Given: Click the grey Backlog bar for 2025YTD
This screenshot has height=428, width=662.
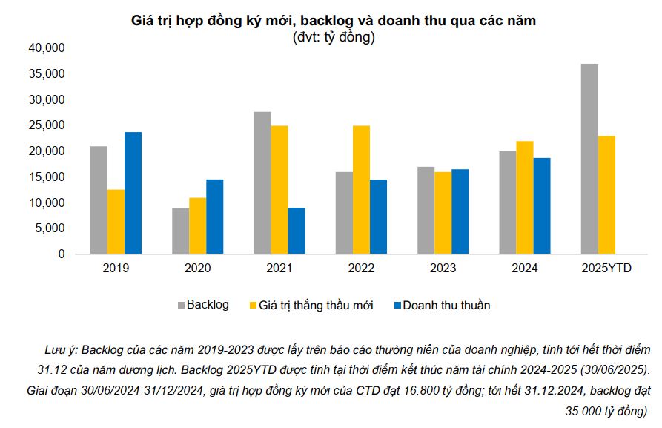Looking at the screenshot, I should pos(589,159).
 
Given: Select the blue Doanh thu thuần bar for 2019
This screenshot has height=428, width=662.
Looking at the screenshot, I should pos(133,193).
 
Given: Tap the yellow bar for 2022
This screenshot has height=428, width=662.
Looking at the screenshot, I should pos(361,190).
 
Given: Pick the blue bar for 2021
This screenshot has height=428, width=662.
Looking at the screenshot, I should pos(297,231).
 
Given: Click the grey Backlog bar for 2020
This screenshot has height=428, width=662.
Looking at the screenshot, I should pos(180,231).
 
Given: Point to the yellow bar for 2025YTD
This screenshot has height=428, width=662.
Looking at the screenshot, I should pos(606,195).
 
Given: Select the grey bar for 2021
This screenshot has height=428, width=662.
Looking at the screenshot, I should pos(262,182).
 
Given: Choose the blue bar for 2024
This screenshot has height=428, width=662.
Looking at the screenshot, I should pos(541,205).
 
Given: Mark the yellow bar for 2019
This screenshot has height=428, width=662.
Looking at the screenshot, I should pos(116,222).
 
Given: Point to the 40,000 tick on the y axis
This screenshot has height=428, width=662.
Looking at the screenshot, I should pos(47,48).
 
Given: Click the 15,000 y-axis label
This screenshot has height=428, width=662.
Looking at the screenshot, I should pos(47,177).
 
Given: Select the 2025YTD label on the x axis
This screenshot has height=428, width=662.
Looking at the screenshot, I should pos(606,269).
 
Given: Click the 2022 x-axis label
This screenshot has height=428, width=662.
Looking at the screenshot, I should pos(361,269).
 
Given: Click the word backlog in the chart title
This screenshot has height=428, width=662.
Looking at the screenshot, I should pos(326,22).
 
